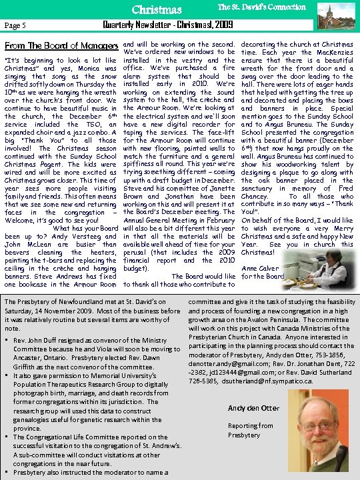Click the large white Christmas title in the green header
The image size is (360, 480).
[x=157, y=10]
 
